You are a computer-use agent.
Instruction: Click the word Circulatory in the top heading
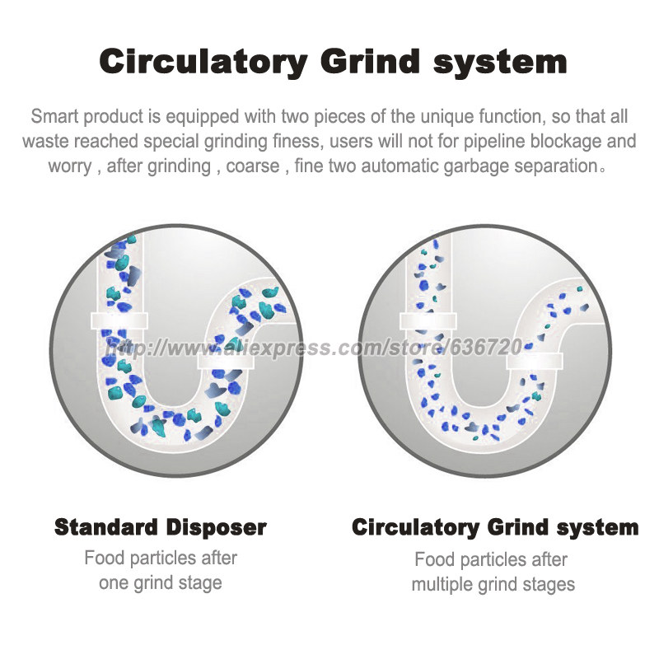coord(203,63)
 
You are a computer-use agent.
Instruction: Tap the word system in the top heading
coord(500,63)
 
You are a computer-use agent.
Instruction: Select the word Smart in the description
coord(55,116)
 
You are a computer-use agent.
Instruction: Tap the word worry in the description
coord(69,167)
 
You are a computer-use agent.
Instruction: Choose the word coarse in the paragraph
coord(253,166)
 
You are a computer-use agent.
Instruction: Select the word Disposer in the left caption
coord(216,528)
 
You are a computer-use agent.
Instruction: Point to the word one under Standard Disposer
coord(114,583)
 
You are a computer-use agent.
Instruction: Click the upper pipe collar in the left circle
coord(119,321)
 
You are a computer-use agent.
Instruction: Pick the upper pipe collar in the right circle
coord(428,321)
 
